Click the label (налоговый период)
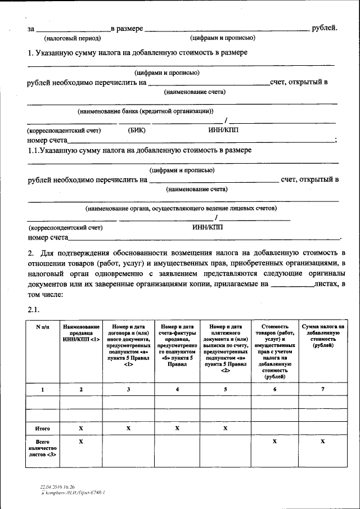72,38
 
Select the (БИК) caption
137,130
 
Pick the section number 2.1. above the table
35,310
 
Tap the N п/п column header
43,326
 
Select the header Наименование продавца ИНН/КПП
82,332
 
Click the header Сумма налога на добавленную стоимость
323,336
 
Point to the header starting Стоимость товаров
276,351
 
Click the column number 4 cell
178,390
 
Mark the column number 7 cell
323,390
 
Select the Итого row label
43,429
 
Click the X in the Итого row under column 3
129,429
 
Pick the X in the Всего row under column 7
323,442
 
